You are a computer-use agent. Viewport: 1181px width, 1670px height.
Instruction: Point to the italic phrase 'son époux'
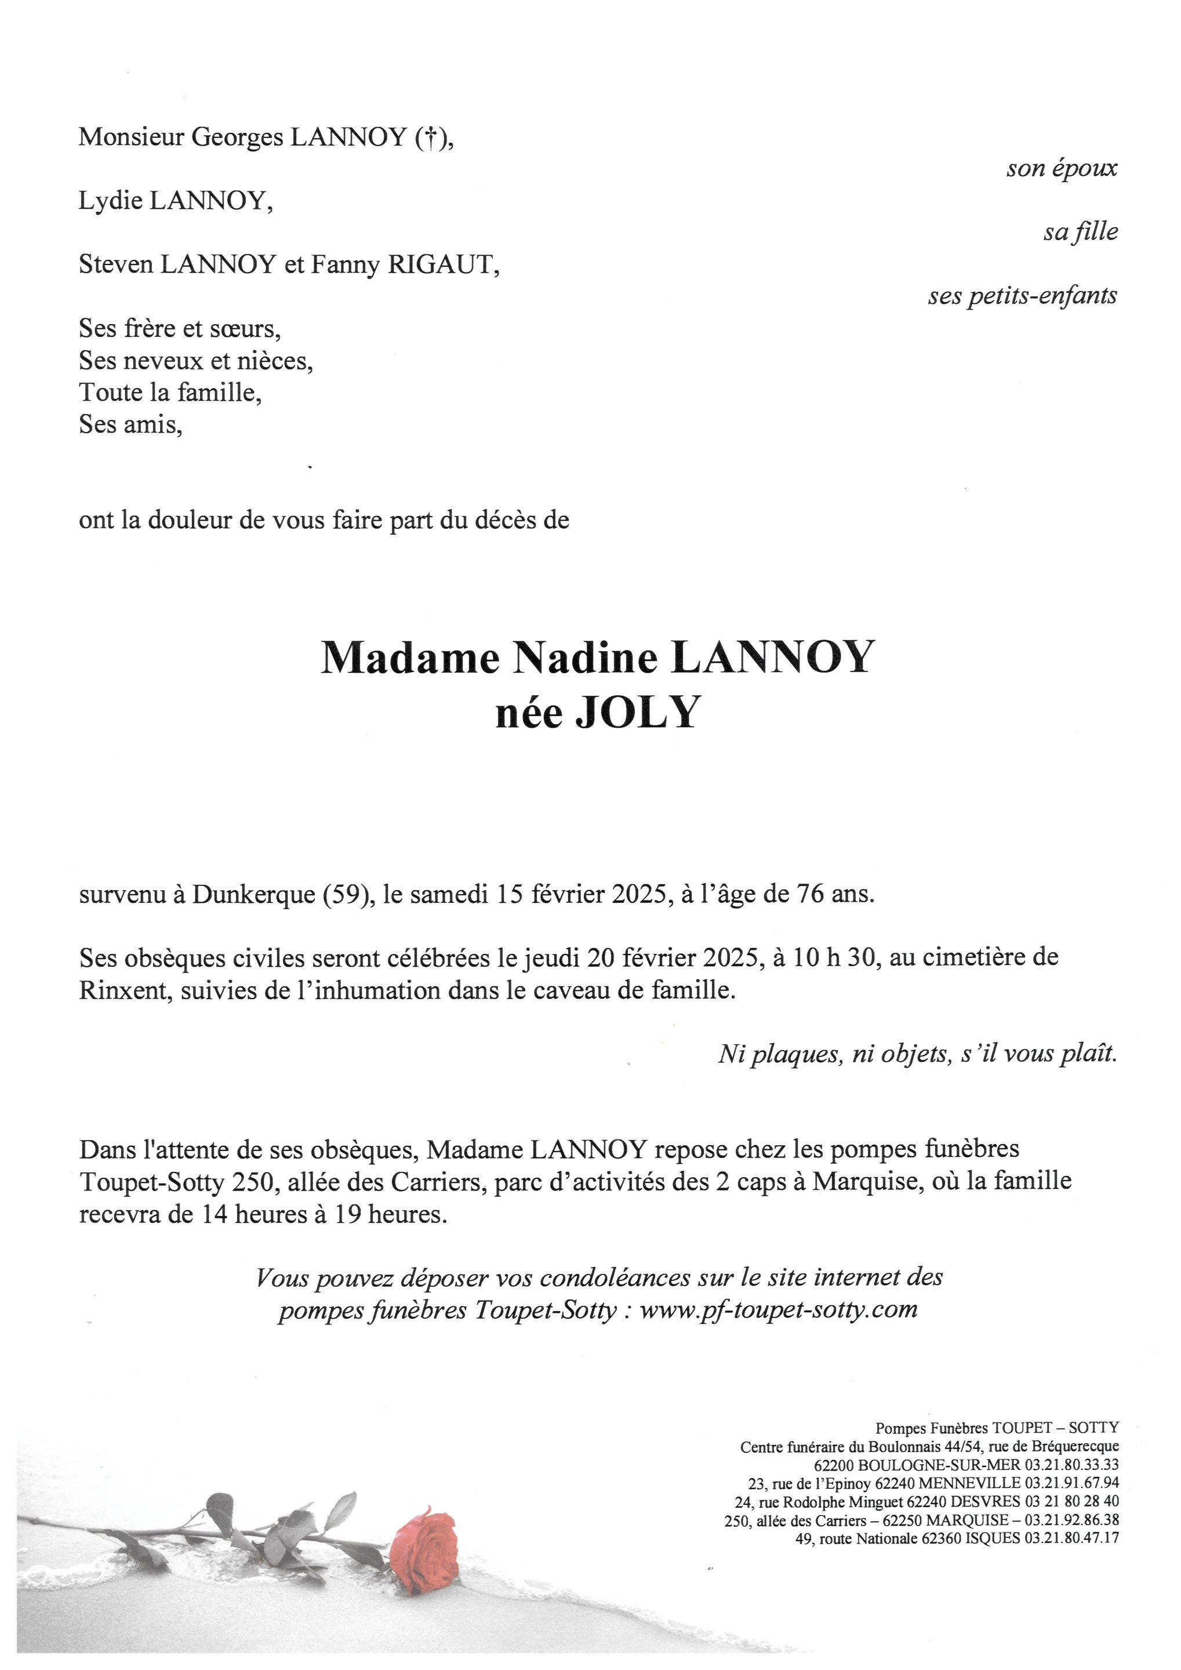(x=1062, y=169)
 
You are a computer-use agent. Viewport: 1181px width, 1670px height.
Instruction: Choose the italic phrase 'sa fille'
(x=1081, y=232)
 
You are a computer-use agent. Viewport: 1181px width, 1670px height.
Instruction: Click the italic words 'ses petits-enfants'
(x=1023, y=296)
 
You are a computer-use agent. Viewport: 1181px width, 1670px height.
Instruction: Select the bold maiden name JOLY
(x=637, y=713)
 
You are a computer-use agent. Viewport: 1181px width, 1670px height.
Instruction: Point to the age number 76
(x=804, y=894)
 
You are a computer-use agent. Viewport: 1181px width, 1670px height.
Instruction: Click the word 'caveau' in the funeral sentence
(x=581, y=990)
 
